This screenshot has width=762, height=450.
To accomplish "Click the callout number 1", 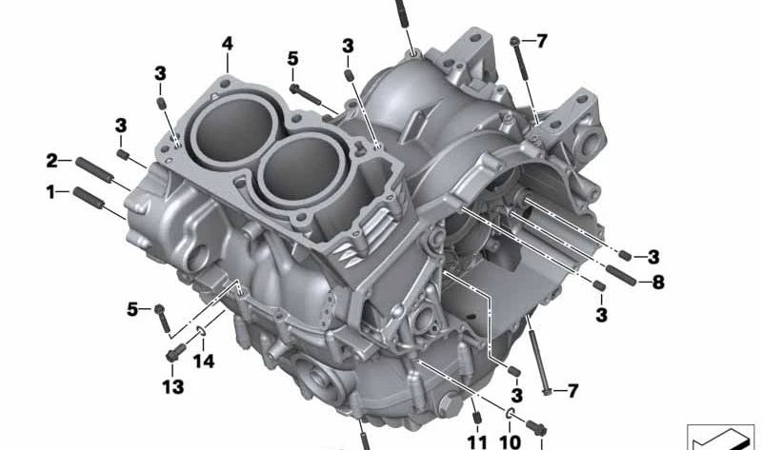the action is click(50, 192).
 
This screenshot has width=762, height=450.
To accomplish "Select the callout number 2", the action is click(52, 161).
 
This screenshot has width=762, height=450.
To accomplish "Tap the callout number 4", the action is click(227, 44).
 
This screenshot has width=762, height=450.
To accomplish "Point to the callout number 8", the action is click(658, 282).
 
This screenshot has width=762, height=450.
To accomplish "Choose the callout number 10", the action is click(510, 442).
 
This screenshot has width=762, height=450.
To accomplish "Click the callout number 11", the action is click(477, 442).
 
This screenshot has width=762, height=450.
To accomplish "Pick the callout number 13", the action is click(173, 387).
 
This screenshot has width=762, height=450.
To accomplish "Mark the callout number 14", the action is click(204, 362).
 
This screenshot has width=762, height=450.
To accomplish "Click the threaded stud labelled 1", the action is click(88, 198).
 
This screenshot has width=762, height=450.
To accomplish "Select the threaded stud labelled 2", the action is click(94, 170).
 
